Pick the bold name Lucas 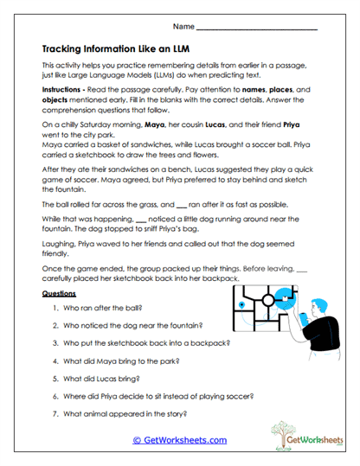(x=223, y=125)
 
